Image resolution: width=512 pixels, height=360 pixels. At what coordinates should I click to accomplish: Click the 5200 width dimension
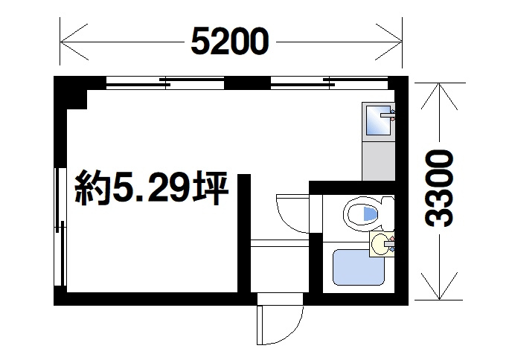[228, 42]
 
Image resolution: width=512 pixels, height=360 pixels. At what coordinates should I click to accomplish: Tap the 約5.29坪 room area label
[150, 190]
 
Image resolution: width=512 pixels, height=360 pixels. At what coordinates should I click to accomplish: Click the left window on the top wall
[164, 82]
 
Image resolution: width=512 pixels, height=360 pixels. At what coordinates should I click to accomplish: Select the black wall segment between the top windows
[246, 82]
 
